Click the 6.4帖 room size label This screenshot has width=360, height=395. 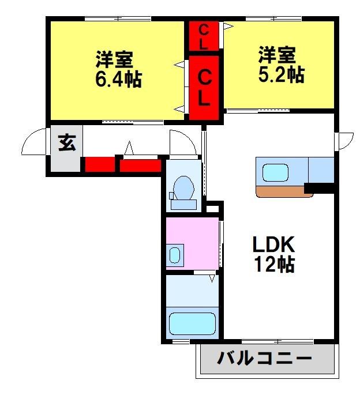click(118, 80)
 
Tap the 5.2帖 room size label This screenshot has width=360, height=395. click(282, 74)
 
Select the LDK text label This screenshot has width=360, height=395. click(274, 244)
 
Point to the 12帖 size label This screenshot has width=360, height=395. click(274, 264)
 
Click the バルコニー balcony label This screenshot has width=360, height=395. click(265, 358)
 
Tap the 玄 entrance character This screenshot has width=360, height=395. click(67, 142)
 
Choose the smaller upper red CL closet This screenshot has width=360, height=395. click(204, 36)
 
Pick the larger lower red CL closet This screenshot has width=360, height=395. click(204, 88)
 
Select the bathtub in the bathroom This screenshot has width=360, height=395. click(192, 323)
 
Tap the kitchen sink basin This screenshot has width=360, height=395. click(275, 172)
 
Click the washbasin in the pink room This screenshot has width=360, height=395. click(175, 255)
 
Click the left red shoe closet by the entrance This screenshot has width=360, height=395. click(100, 164)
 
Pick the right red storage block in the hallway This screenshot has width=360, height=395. click(140, 165)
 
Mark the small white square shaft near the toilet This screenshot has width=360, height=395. click(212, 209)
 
